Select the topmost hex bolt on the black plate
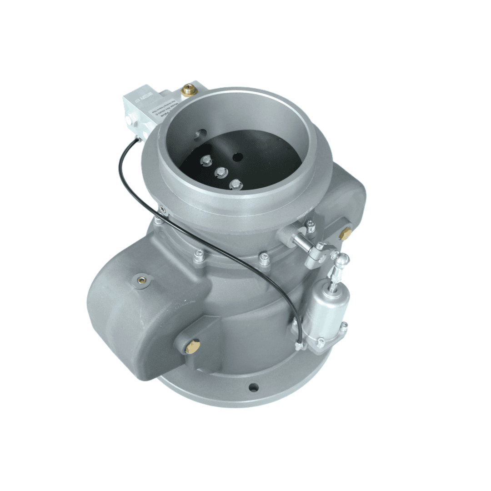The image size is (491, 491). pos(205,160)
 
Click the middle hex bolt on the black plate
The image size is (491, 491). pos(221,172)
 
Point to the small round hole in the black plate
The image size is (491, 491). pos(237,157)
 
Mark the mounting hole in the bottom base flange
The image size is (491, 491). pos(254,388)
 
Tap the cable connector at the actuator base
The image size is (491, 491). pos(299,346)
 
